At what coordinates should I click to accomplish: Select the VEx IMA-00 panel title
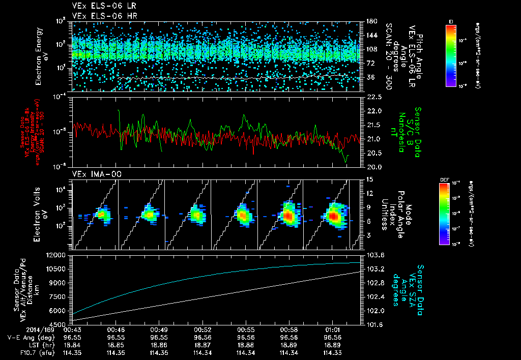pyautogui.click(x=93, y=174)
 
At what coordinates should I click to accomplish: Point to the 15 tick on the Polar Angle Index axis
pyautogui.click(x=369, y=179)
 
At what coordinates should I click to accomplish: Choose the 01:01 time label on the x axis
pyautogui.click(x=332, y=330)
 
